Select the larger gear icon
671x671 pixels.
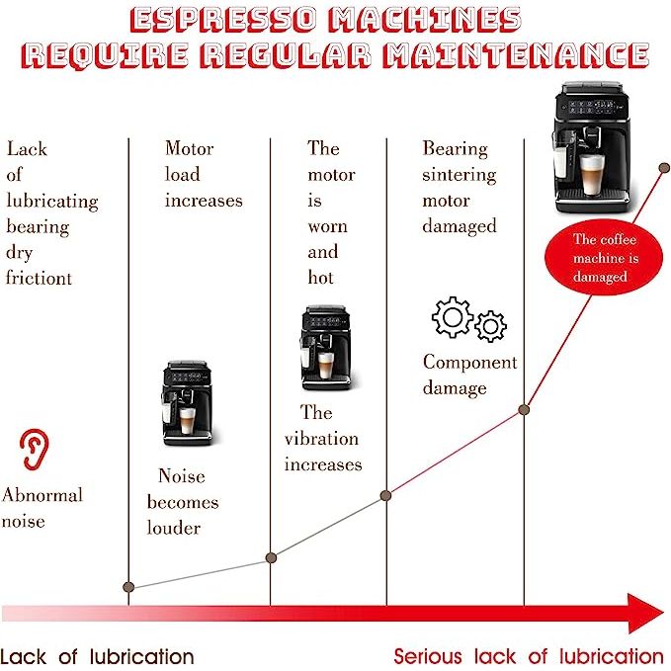click(x=453, y=316)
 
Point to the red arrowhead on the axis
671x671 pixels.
click(x=646, y=613)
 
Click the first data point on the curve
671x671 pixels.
click(x=128, y=587)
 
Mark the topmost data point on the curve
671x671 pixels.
click(x=664, y=167)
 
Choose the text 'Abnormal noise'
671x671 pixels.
click(x=42, y=507)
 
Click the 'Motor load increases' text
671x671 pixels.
click(x=203, y=174)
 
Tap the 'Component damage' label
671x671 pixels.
click(x=469, y=375)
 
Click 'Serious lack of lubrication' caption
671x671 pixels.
click(x=529, y=656)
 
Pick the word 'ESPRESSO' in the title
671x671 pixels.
click(x=227, y=20)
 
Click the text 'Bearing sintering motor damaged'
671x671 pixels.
click(x=460, y=188)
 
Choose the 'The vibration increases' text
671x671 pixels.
click(x=322, y=439)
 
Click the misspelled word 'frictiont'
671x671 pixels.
click(x=40, y=278)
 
